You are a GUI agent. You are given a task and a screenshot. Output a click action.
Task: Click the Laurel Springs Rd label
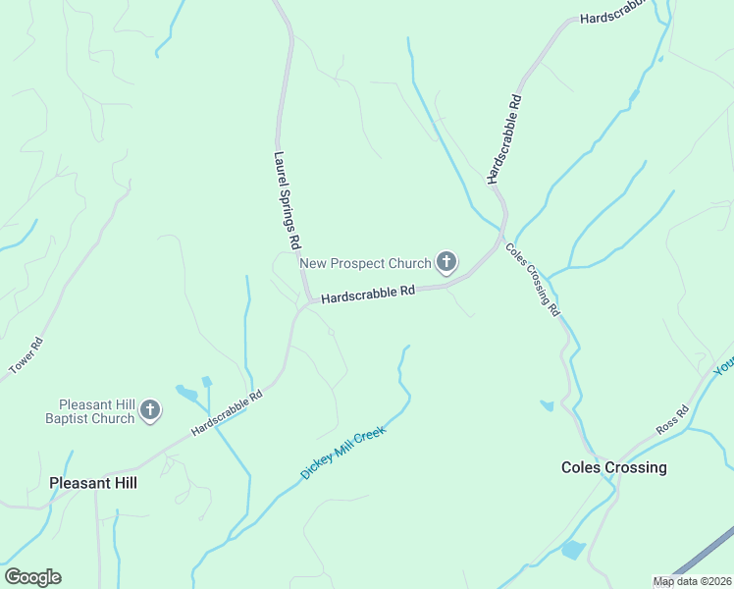pyautogui.click(x=287, y=199)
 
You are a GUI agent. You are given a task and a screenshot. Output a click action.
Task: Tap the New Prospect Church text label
pyautogui.click(x=365, y=263)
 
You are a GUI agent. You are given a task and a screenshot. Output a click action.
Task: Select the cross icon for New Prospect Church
pyautogui.click(x=446, y=261)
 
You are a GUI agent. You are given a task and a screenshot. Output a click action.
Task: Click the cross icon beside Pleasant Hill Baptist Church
pyautogui.click(x=150, y=410)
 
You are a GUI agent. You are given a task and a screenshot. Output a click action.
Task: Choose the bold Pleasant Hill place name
pyautogui.click(x=93, y=483)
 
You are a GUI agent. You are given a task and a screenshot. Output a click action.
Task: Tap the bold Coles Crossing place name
pyautogui.click(x=613, y=467)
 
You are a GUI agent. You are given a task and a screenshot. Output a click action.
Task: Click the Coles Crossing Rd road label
pyautogui.click(x=533, y=278)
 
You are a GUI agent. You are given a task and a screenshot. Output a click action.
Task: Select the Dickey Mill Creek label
pyautogui.click(x=343, y=452)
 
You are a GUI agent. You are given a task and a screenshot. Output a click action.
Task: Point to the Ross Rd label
pyautogui.click(x=673, y=420)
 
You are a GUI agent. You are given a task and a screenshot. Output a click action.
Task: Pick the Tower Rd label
pyautogui.click(x=26, y=355)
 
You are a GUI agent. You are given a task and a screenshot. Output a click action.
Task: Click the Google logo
pyautogui.click(x=32, y=577)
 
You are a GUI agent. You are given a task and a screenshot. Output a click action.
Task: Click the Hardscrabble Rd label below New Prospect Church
pyautogui.click(x=368, y=294)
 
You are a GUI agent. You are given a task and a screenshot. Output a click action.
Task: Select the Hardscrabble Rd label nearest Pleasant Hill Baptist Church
pyautogui.click(x=227, y=413)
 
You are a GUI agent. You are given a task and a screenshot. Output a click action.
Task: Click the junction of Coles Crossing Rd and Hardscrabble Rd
pyautogui.click(x=502, y=237)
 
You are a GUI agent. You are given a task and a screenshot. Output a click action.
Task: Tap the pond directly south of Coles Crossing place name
pyautogui.click(x=572, y=550)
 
